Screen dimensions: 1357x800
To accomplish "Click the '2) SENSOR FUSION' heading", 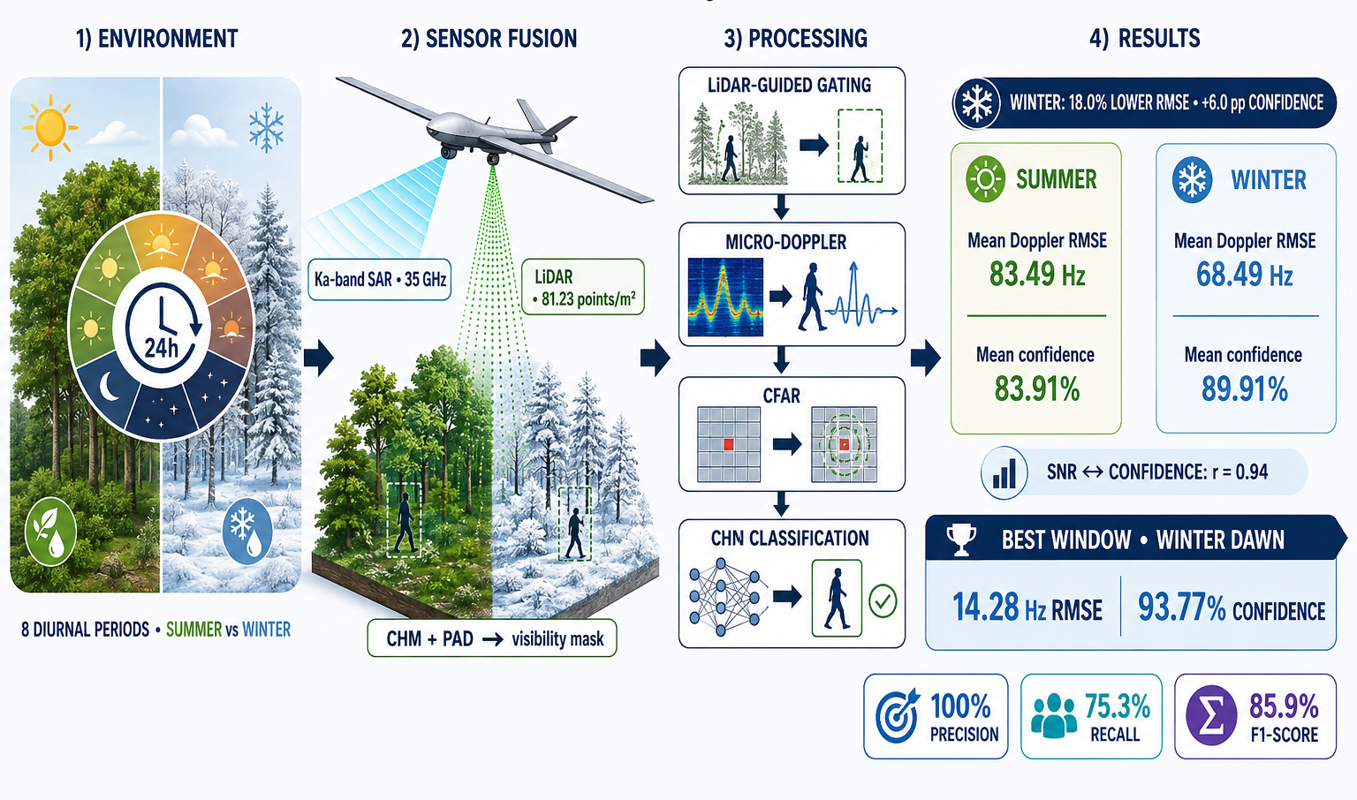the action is (x=489, y=39).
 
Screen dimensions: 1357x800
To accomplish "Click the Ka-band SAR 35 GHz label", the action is (x=380, y=279).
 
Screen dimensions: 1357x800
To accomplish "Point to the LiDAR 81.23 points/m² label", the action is (x=583, y=287).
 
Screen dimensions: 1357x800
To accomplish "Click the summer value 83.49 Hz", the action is (x=1037, y=274).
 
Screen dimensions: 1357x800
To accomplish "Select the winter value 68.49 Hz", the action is (x=1244, y=275).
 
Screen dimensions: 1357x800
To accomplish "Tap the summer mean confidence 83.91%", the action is (x=1036, y=389).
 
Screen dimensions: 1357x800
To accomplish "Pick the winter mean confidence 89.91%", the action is (x=1244, y=389).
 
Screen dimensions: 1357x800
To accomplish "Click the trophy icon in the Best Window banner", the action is (x=961, y=539).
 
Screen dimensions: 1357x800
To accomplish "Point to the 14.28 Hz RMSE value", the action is (x=1027, y=608).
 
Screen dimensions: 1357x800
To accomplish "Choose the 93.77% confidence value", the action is (x=1232, y=608).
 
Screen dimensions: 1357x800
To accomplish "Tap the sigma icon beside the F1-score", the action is (x=1211, y=716).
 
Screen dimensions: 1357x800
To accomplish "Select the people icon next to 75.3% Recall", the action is (x=1053, y=716).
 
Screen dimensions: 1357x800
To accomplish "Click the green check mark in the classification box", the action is (x=883, y=600).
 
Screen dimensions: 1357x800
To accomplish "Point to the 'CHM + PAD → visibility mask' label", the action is (x=492, y=638).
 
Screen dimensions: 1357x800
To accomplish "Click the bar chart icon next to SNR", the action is (x=1004, y=473).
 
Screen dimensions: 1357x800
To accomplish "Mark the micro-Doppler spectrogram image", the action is (x=725, y=297).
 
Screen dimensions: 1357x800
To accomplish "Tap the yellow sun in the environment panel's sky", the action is (x=50, y=127).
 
